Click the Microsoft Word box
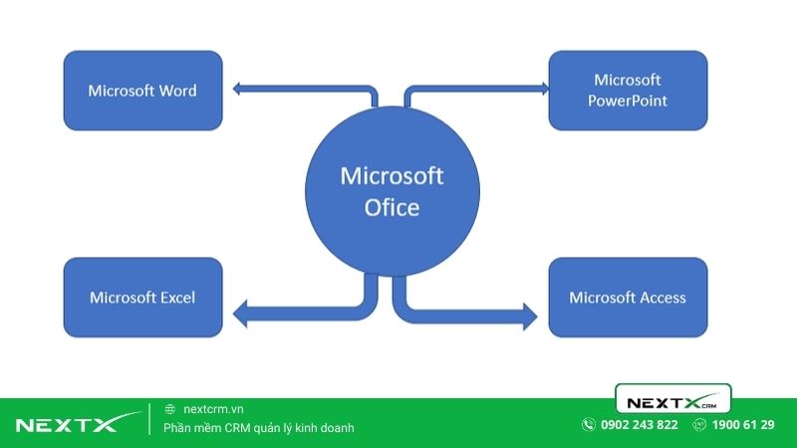pos(142,90)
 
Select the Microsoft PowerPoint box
pos(628,90)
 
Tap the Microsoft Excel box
pos(142,297)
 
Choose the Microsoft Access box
pos(628,297)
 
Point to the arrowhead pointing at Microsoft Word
pos(239,90)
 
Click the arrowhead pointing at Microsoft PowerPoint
pos(543,90)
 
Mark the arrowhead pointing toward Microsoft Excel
pos(240,316)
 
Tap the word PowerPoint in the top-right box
pos(628,101)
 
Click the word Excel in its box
pos(174,297)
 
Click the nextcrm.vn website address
pos(213,409)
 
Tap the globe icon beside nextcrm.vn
pos(170,409)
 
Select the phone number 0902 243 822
pos(640,425)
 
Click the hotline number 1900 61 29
pos(744,425)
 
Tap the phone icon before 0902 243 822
pos(588,425)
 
